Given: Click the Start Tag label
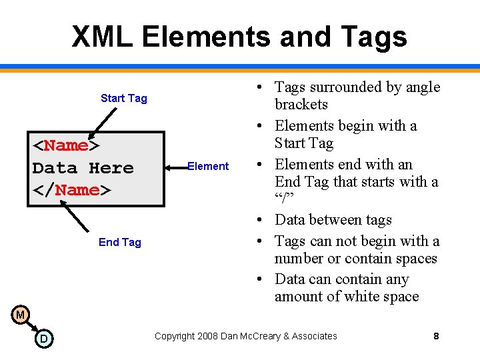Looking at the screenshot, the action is [123, 99].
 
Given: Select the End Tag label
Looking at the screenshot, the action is [120, 242].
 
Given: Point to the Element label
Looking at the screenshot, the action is [208, 167].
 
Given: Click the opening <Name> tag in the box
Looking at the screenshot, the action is [66, 145].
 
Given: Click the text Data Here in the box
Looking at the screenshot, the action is [83, 168].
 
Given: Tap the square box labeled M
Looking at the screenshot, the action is [21, 315].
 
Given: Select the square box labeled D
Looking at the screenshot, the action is [44, 339].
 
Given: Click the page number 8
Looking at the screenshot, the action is [436, 336].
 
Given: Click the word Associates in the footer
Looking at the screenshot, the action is [313, 336].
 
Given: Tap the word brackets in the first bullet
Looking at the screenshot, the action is [301, 105].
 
